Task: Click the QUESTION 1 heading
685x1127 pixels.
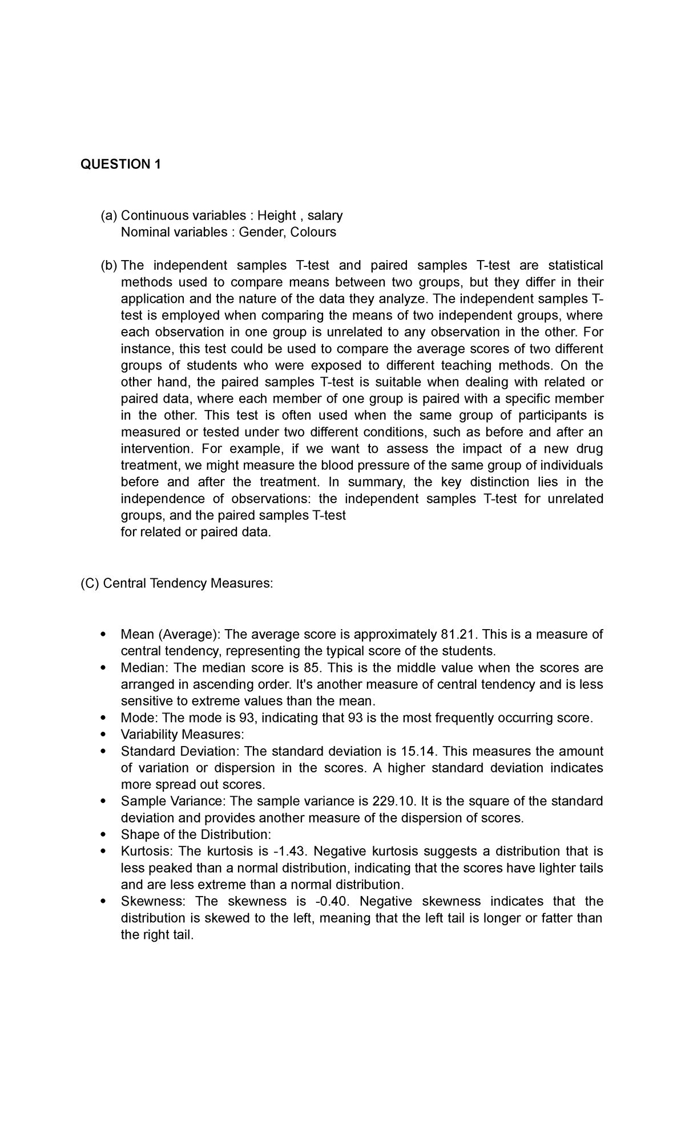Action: point(120,165)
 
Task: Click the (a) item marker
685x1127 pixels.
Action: point(108,216)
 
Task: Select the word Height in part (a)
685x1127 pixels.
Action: point(276,216)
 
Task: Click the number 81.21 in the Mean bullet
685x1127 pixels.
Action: point(458,634)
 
